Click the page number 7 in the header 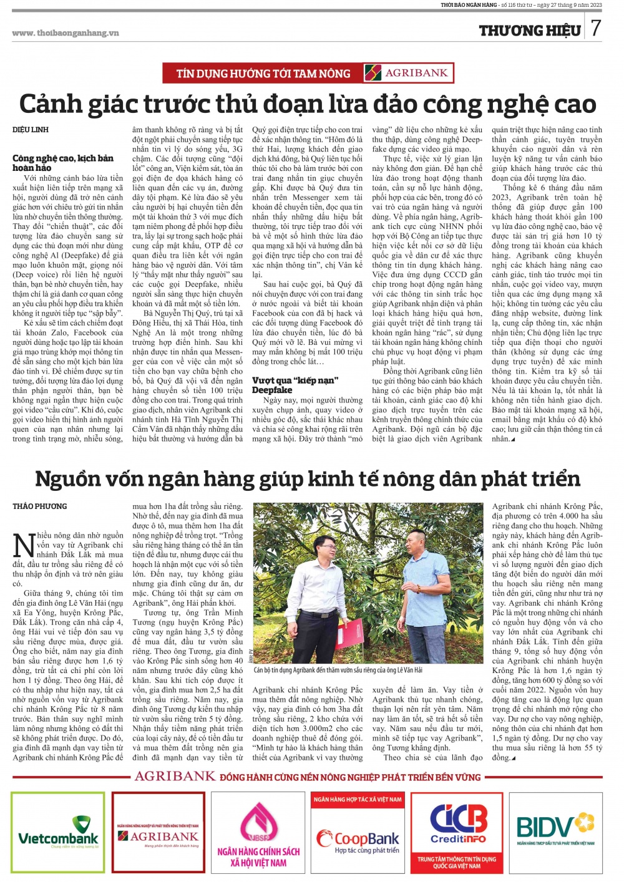(596, 28)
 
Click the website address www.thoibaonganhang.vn (65, 33)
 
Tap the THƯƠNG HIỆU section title (530, 30)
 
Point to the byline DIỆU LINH (31, 130)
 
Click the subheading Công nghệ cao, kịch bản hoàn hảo (62, 163)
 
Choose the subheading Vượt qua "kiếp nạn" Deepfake (295, 384)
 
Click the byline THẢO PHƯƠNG (39, 506)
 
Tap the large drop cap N (24, 544)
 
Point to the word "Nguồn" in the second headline (68, 478)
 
